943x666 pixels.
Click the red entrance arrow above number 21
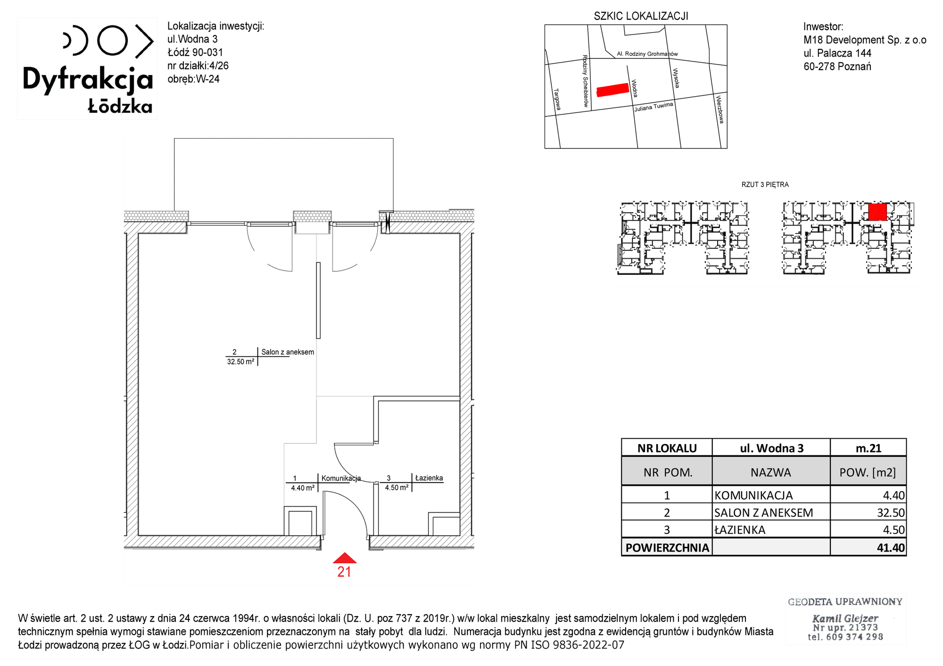pos(345,558)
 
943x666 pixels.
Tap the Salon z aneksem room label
pos(288,352)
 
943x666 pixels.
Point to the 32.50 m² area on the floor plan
pos(241,362)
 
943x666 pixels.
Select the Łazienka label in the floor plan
pos(429,478)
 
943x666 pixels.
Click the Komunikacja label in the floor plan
pos(341,478)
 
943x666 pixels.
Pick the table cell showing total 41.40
pos(868,548)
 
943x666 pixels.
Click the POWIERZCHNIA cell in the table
pos(667,548)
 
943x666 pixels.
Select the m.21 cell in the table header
pos(868,448)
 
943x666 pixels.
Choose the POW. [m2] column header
pos(868,472)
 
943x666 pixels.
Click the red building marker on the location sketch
pos(613,90)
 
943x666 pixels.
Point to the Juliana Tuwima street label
pos(653,107)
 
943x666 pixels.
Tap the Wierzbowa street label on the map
pos(720,109)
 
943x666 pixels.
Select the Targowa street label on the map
pos(557,99)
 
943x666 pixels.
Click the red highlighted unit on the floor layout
pos(877,212)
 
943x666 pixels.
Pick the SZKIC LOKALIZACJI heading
pos(641,16)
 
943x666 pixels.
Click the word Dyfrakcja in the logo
pos(88,79)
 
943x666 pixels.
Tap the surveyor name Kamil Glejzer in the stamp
pos(845,618)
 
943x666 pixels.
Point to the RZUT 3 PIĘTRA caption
pos(765,185)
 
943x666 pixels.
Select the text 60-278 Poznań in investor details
pos(837,66)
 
